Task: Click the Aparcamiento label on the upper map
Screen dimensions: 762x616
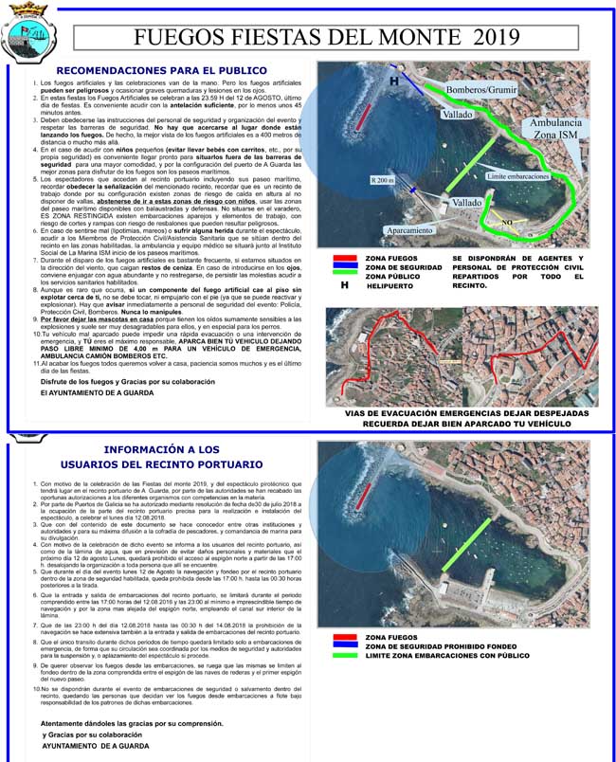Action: point(410,230)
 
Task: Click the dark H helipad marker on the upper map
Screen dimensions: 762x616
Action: point(394,82)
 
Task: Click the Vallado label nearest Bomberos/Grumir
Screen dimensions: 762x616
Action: point(456,114)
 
